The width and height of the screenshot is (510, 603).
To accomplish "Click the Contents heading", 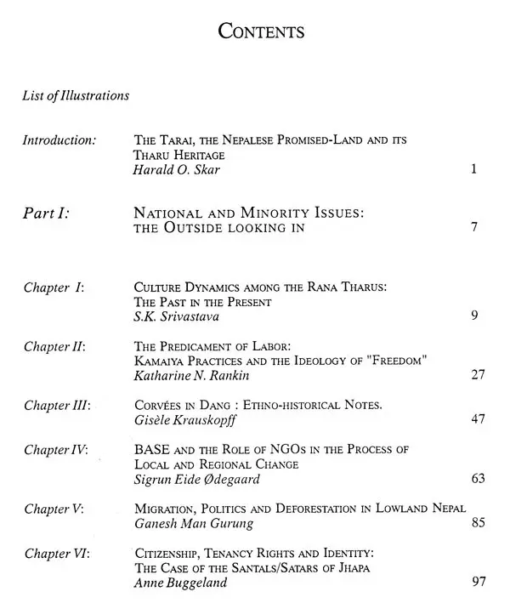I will coord(262,32).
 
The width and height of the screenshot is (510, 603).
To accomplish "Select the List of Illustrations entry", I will coord(76,95).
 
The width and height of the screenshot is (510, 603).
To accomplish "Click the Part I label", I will coord(46,214).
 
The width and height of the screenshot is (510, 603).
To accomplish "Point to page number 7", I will coord(473,228).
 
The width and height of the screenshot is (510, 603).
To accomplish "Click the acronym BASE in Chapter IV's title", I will coord(153,449).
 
